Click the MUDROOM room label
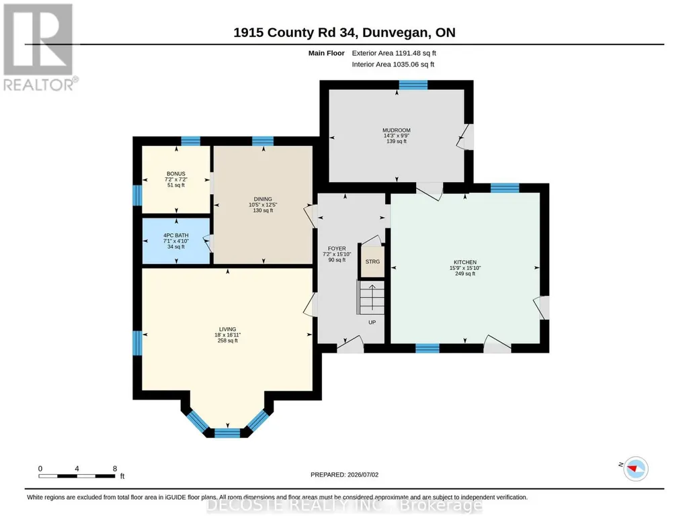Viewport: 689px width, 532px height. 397,130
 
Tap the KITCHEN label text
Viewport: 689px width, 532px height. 465,263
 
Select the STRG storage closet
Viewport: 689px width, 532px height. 372,261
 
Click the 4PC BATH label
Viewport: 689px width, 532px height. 175,236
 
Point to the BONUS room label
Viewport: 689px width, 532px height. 175,174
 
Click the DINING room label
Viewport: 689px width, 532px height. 263,199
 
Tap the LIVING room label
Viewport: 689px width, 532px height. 228,329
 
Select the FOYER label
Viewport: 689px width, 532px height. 337,249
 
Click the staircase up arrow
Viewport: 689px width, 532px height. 372,297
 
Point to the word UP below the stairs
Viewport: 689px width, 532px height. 372,322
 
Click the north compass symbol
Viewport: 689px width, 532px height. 636,468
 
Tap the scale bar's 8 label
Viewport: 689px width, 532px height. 115,468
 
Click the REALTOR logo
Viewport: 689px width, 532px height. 40,47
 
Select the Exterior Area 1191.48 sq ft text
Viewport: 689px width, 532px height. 394,53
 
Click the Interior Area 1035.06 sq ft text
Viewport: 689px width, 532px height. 393,64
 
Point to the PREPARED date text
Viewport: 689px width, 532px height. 344,474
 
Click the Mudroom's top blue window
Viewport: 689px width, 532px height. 413,85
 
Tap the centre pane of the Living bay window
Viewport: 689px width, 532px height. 227,433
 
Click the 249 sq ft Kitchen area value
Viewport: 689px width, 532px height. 465,273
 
